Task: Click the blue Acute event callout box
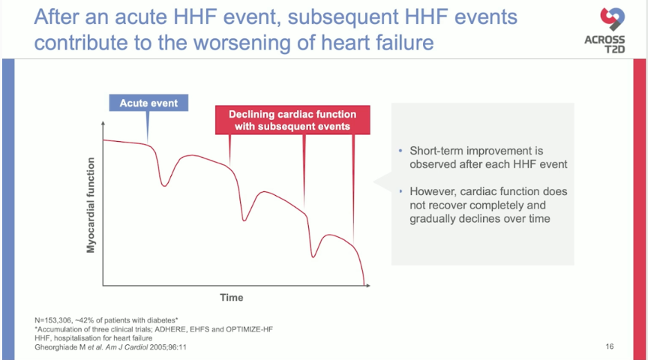click(x=148, y=103)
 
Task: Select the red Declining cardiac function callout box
click(x=292, y=120)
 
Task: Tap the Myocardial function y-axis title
click(x=91, y=205)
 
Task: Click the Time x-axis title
click(x=232, y=298)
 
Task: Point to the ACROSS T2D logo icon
click(x=613, y=19)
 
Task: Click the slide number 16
click(x=610, y=346)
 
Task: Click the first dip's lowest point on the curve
click(x=164, y=186)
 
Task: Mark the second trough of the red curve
click(x=244, y=220)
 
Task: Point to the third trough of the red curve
click(x=313, y=257)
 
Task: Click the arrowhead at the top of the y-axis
click(x=103, y=123)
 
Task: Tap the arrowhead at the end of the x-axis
click(x=368, y=285)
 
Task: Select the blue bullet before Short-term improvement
click(x=400, y=151)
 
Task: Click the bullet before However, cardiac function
click(x=400, y=191)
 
